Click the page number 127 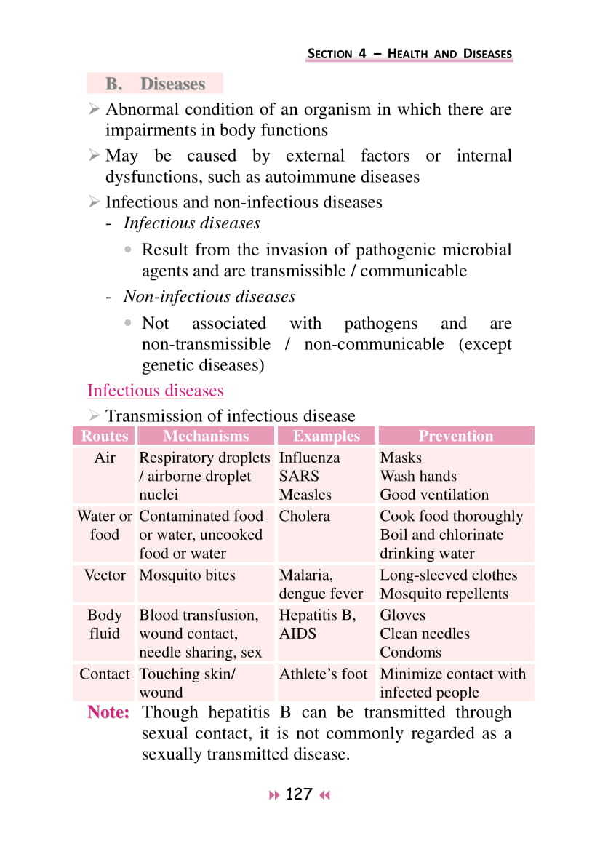tap(299, 794)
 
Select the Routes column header tap(105, 437)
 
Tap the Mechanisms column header tap(206, 437)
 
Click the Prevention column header tap(455, 437)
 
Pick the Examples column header tap(326, 437)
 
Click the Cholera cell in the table tap(304, 517)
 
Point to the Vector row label tap(105, 575)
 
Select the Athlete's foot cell tap(323, 674)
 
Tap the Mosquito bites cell tap(187, 575)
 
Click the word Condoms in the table tap(410, 653)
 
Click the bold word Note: tap(108, 713)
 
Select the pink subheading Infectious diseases tap(155, 391)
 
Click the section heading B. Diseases tap(155, 84)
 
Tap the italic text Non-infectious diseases tap(209, 297)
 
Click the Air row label tap(105, 458)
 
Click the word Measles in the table tap(305, 495)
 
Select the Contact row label tap(105, 674)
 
